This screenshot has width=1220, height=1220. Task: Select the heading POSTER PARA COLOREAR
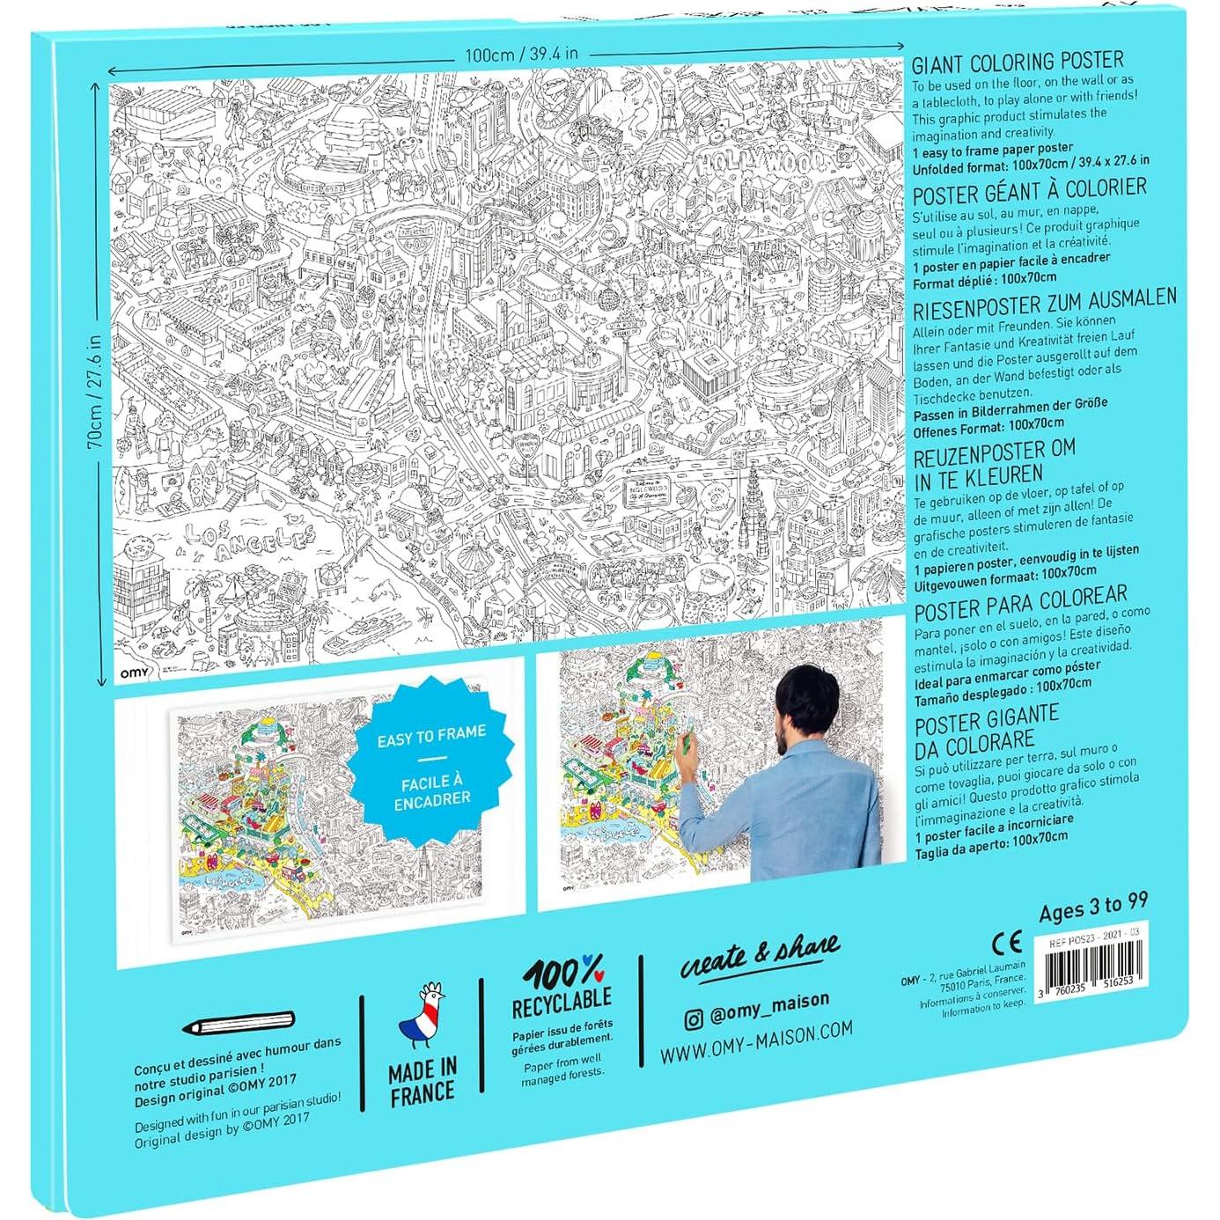pyautogui.click(x=1020, y=604)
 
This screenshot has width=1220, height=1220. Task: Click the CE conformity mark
pyautogui.click(x=1007, y=944)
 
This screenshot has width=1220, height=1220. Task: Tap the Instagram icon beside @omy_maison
pyautogui.click(x=694, y=1018)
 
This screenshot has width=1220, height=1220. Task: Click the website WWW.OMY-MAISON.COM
pyautogui.click(x=756, y=1042)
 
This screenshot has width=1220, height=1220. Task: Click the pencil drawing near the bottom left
pyautogui.click(x=238, y=1024)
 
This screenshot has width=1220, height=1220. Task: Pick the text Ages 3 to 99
pyautogui.click(x=1093, y=907)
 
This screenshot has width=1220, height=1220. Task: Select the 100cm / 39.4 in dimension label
pyautogui.click(x=521, y=55)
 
